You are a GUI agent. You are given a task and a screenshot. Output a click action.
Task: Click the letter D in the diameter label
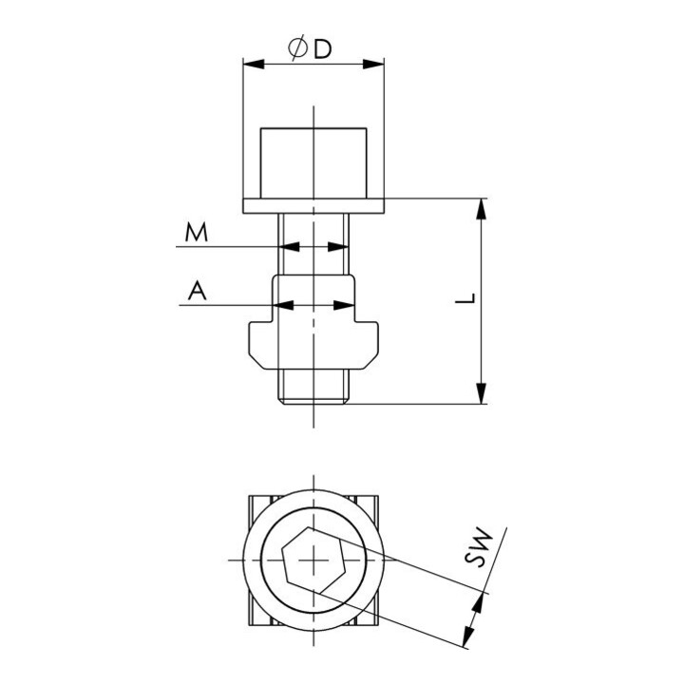point(323,48)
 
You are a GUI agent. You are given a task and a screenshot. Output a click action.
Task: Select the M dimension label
point(196,232)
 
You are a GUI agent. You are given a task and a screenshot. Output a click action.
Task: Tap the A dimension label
point(197,291)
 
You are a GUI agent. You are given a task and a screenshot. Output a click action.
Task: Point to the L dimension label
point(465,298)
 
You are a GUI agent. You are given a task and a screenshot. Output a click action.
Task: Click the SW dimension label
point(478,547)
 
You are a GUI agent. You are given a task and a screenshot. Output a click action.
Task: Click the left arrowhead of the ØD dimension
point(254,65)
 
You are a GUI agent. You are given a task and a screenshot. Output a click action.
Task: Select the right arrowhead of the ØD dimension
point(373,65)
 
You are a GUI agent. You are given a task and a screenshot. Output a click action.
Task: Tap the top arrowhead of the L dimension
point(481,209)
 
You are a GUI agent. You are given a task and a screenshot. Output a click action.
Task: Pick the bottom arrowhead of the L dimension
point(481,393)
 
